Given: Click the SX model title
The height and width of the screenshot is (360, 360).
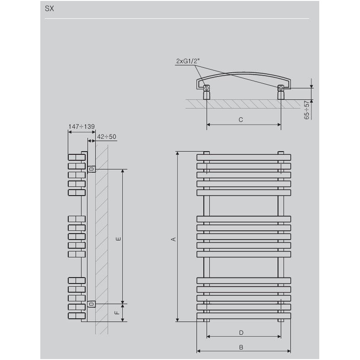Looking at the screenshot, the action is click(x=49, y=9).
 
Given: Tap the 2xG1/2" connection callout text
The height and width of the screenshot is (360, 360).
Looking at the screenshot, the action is click(x=188, y=61).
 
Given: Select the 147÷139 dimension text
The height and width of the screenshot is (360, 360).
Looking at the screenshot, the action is click(x=82, y=126).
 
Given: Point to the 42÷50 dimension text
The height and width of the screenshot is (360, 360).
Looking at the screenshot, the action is click(x=107, y=136).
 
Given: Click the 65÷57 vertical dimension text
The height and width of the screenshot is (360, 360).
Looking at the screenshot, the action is click(x=306, y=110).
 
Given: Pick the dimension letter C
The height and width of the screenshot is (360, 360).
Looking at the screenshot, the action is click(x=240, y=120).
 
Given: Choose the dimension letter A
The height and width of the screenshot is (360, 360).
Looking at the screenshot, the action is click(x=173, y=239).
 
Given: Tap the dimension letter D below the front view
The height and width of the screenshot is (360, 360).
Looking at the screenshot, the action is click(x=241, y=333).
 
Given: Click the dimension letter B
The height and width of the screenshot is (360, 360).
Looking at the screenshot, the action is click(x=241, y=347).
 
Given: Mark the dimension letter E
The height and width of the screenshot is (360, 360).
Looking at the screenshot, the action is click(x=118, y=239).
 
